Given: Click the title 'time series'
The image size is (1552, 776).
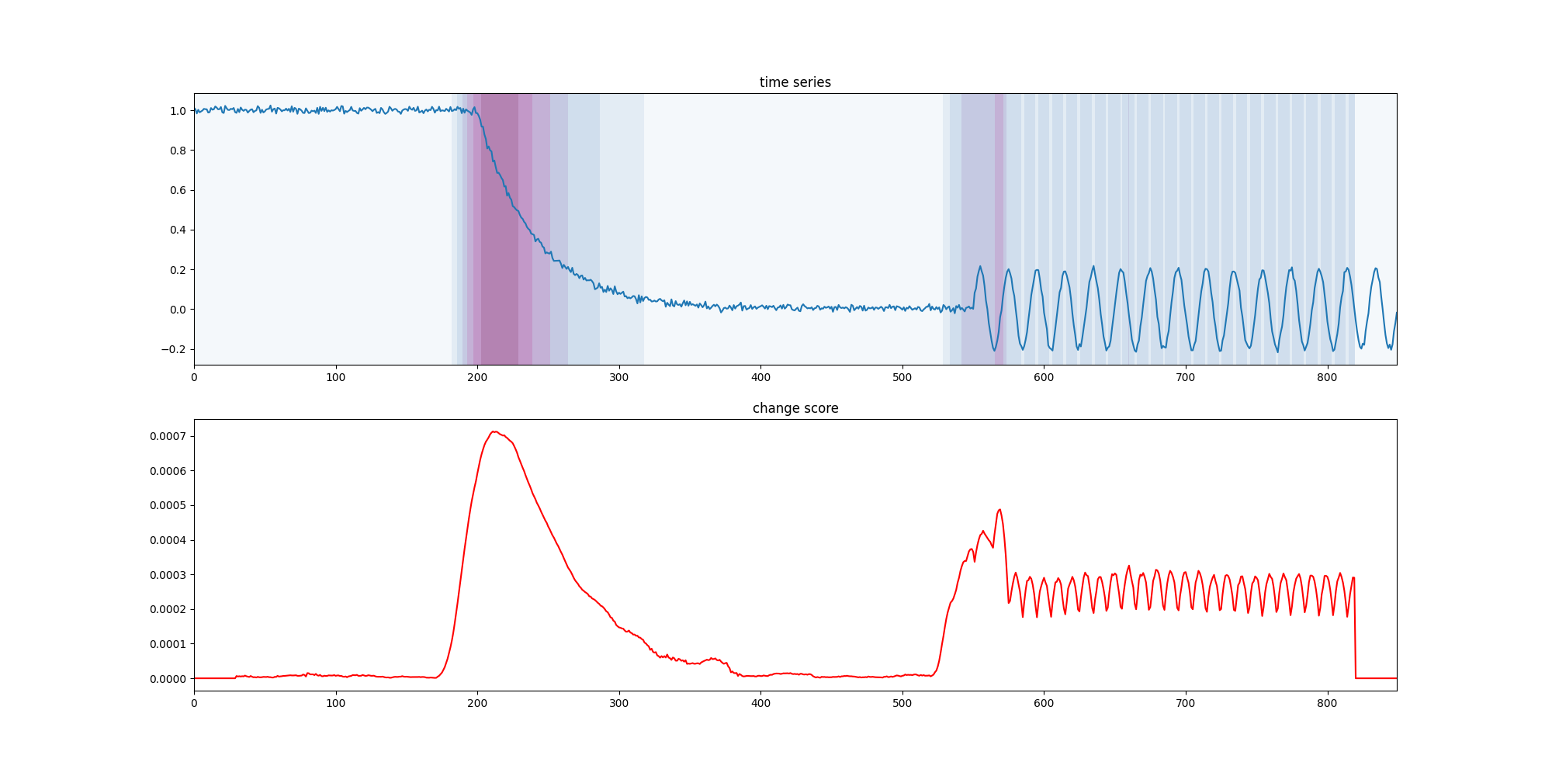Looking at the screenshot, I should point(795,82).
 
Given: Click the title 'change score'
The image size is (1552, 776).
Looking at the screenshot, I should point(795,408).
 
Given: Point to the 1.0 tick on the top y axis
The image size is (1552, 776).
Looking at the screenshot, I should point(178,111).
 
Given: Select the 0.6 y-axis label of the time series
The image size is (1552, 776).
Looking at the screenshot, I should point(178,190).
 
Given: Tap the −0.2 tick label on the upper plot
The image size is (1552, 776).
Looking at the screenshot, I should point(174,349).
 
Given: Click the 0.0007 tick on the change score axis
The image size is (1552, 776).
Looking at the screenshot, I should point(168,436).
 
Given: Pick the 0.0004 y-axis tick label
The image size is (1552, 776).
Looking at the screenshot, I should point(168,540).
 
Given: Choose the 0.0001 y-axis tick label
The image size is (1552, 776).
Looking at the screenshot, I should point(168,644).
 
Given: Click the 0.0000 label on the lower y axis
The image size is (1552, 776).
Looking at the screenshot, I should point(168,679).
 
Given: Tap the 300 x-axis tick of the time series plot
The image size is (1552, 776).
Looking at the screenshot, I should point(619,378).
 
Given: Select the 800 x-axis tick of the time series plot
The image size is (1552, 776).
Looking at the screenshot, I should point(1327,378).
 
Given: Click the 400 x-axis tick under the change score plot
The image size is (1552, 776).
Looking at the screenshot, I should point(760,704).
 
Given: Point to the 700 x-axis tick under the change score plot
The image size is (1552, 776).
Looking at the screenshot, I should point(1186,704).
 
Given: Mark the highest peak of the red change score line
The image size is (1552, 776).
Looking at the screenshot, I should point(493,431).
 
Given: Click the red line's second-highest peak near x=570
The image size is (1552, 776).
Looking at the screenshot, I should point(999,510).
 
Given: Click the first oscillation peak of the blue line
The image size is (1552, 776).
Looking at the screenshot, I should point(980,267).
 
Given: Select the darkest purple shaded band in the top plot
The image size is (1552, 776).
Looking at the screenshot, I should point(499,229).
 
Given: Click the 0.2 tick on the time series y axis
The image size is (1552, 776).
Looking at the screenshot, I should point(178,270).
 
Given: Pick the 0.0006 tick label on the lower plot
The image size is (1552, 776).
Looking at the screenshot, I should point(168,471).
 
